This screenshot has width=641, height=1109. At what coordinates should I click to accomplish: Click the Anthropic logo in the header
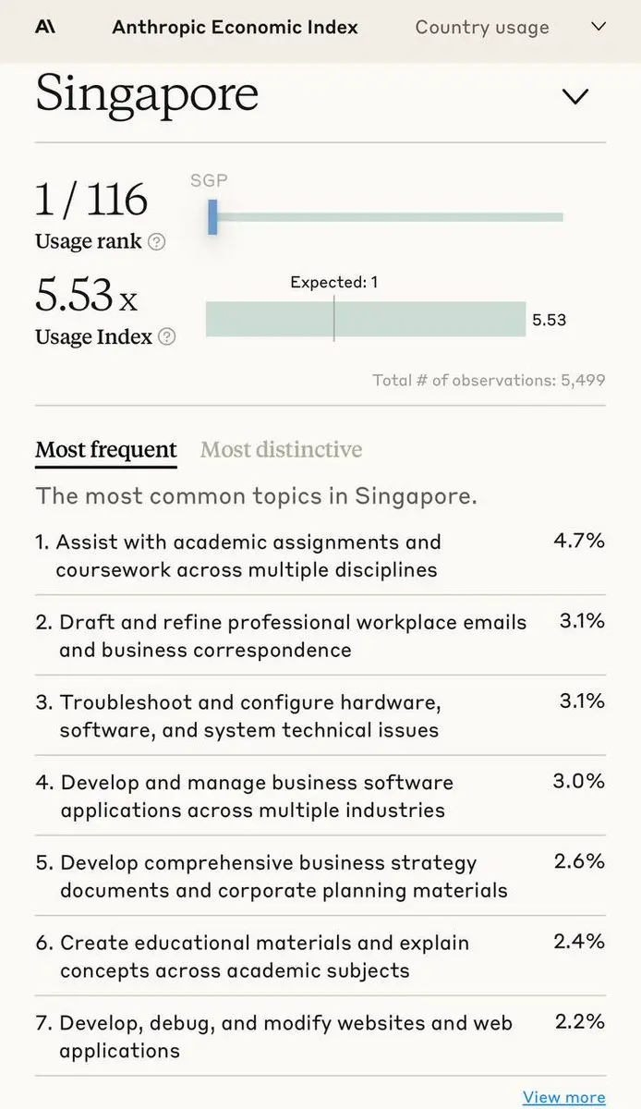tap(44, 27)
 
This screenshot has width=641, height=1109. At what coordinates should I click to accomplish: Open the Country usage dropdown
tap(599, 27)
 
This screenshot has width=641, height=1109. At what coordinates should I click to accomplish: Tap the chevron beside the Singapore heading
tap(575, 96)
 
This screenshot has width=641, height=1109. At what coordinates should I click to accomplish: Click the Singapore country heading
tap(147, 94)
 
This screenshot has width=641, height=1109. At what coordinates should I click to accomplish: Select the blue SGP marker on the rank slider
tap(212, 217)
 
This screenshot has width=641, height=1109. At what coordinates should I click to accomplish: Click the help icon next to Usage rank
tap(157, 242)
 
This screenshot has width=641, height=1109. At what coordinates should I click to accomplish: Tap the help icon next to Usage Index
tap(166, 337)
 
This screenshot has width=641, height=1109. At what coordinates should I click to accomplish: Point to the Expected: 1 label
tap(333, 283)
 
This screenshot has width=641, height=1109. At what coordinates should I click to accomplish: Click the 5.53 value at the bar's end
tap(549, 321)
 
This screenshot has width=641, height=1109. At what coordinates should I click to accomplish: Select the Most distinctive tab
tap(281, 450)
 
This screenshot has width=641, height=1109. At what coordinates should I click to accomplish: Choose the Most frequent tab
tap(105, 450)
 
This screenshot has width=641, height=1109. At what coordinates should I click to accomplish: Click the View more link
tap(563, 1097)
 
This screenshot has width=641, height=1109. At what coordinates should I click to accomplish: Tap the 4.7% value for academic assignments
tap(579, 541)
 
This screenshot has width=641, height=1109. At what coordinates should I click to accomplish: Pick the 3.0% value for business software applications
tap(579, 781)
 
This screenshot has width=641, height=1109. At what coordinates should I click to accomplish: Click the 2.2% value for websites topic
tap(580, 1021)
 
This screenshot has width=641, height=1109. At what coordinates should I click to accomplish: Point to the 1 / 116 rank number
tap(91, 201)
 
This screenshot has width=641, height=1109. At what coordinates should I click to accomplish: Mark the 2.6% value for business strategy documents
tap(579, 861)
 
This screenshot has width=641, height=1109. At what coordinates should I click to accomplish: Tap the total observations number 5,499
tap(583, 380)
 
